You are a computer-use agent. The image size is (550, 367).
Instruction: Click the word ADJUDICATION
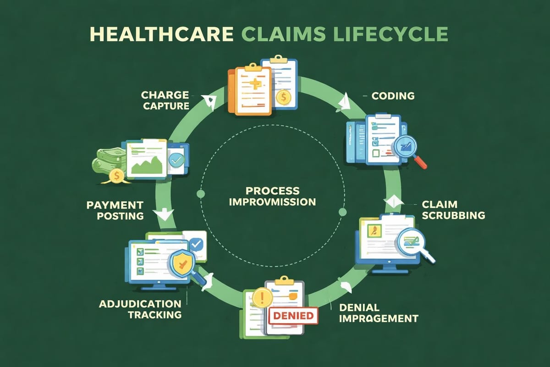[x=140, y=304]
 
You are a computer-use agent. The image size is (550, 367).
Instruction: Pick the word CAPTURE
[x=165, y=106]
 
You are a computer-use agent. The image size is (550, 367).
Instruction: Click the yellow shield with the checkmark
[x=182, y=264]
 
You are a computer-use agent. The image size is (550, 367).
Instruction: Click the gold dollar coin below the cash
[x=115, y=175]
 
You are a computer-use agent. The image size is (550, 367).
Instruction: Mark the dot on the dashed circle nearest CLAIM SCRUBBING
[x=342, y=211]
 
